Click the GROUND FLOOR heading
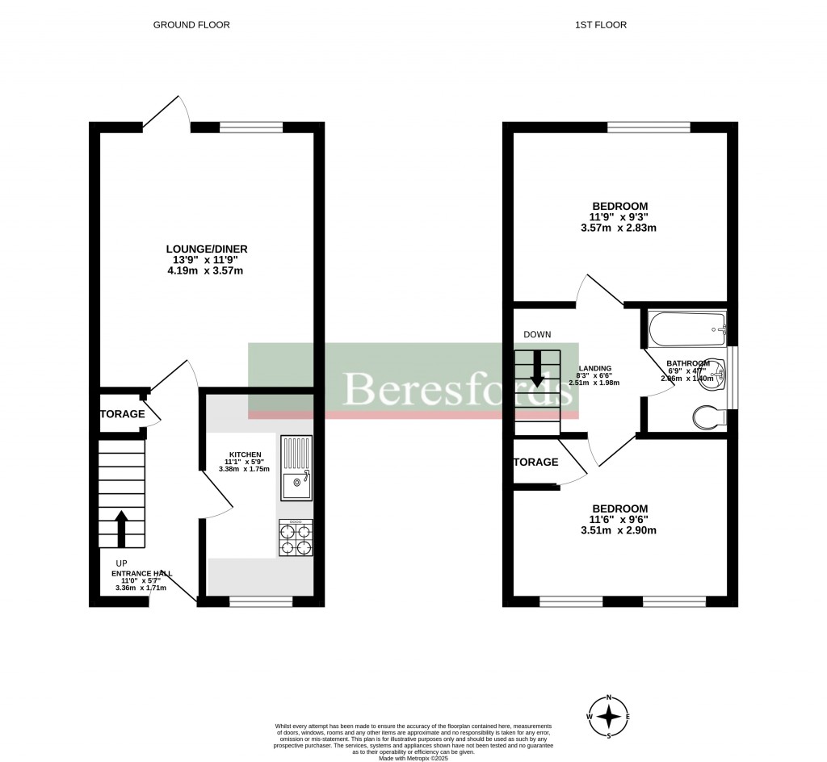pos(191,25)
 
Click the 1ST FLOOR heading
pos(600,25)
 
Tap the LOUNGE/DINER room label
pos(207,249)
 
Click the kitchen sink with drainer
pos(296,467)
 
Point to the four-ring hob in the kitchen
pos(296,538)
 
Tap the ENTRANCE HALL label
pos(141,573)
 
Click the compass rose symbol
pos(611,717)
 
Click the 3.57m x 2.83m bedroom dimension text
pos(619,228)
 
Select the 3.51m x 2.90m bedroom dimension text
pos(619,530)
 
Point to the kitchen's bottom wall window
pos(261,601)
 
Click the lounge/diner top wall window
pos(251,127)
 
